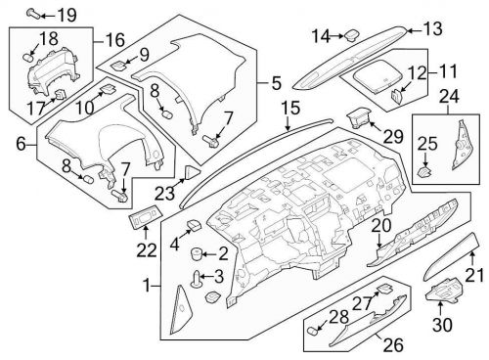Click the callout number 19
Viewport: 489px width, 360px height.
66,15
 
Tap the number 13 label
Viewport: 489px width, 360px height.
431,28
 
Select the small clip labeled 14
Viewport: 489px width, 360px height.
348,35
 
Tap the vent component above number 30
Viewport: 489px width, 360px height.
444,292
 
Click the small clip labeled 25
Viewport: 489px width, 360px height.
426,169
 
